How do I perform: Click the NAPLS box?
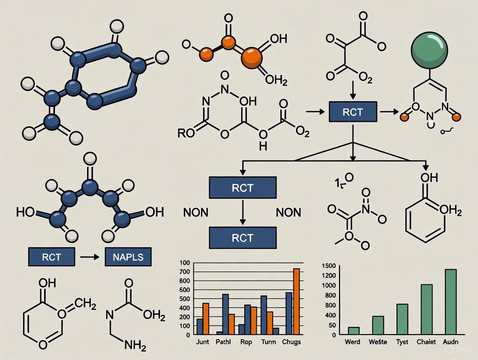[129, 257]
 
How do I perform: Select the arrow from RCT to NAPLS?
[90, 257]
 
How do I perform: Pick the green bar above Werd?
[354, 330]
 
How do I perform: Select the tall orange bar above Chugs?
[296, 301]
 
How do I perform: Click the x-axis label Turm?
[269, 342]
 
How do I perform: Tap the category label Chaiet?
[426, 342]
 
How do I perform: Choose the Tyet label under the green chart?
[402, 342]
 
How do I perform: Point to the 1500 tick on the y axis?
[329, 265]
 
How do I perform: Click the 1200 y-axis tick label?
[329, 276]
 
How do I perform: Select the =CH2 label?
[82, 305]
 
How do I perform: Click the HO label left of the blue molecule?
[26, 212]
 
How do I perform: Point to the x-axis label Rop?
[246, 342]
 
